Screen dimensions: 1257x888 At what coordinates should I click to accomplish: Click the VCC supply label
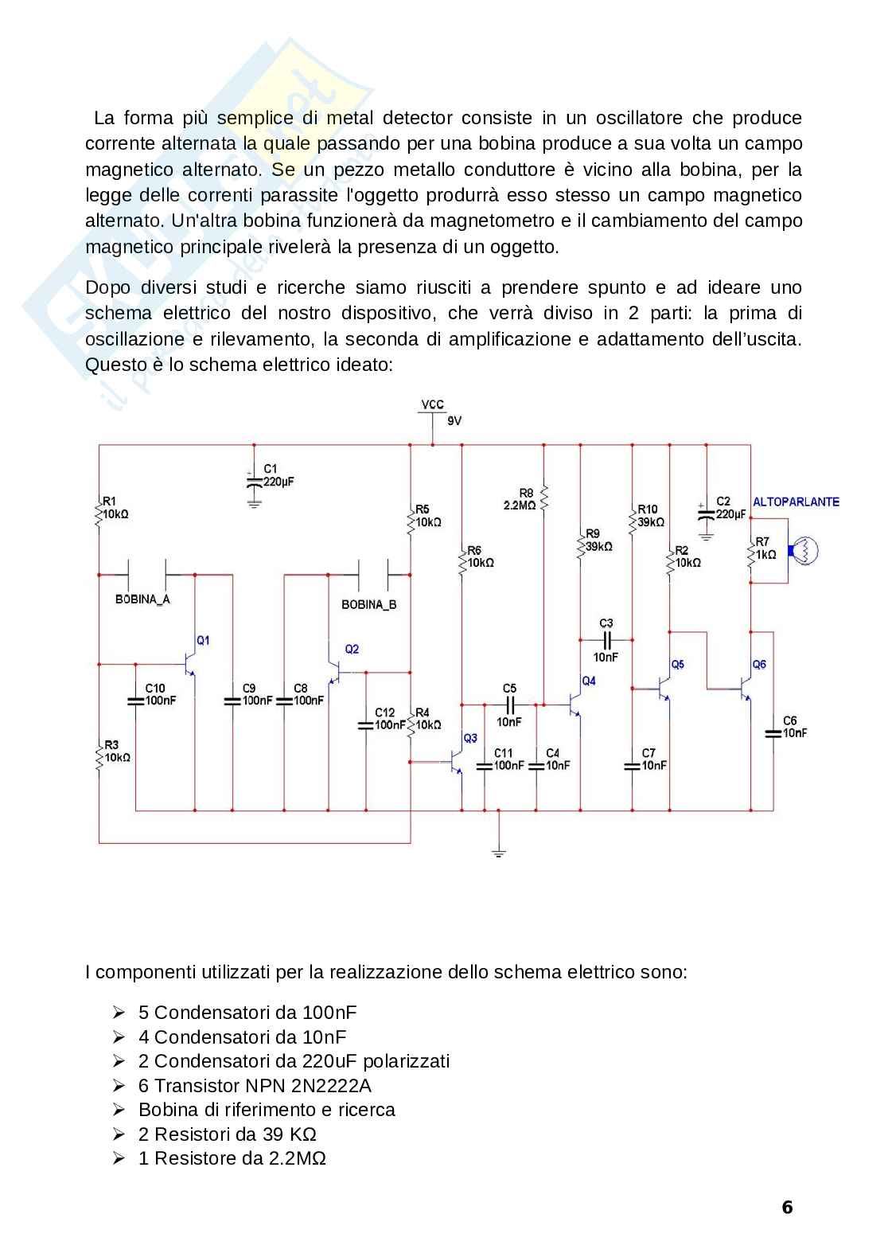[x=432, y=404]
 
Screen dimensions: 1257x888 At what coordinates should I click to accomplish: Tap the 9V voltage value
[x=454, y=421]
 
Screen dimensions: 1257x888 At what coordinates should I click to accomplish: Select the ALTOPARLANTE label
[x=796, y=502]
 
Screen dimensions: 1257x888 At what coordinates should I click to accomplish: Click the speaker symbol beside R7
[x=802, y=550]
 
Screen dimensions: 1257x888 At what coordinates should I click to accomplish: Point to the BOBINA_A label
[x=142, y=599]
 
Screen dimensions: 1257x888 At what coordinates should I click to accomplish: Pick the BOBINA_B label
[x=368, y=605]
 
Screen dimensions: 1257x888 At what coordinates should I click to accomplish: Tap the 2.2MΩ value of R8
[x=520, y=506]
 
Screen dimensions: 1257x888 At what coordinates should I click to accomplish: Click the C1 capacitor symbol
[x=254, y=481]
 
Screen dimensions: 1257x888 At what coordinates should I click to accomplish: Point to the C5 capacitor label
[x=509, y=689]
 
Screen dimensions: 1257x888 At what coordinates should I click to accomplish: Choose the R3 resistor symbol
[x=99, y=754]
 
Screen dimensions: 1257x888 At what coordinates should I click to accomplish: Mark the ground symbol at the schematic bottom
[x=499, y=853]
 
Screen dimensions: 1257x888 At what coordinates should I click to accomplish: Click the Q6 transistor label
[x=759, y=665]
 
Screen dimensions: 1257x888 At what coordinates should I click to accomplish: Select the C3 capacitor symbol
[x=606, y=639]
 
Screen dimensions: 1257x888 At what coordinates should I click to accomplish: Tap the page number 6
[x=787, y=1208]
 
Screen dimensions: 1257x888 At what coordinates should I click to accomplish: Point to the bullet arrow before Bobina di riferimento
[x=119, y=1110]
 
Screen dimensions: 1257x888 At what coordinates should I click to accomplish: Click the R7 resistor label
[x=761, y=541]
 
